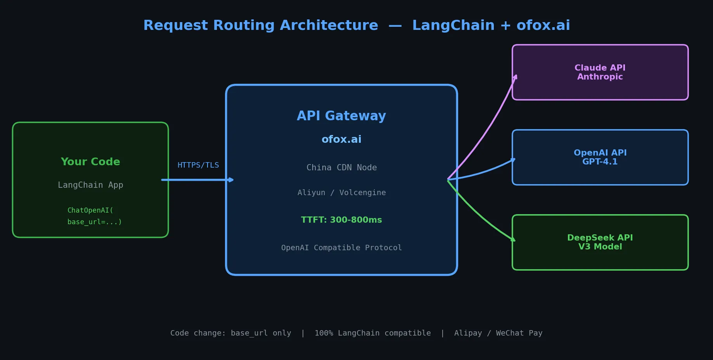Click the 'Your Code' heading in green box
coord(90,162)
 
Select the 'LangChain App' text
coord(90,185)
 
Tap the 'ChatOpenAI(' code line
coord(90,210)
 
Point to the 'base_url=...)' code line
coord(95,222)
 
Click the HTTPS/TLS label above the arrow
coord(198,165)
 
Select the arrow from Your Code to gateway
coord(196,180)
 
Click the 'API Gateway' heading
coord(341,116)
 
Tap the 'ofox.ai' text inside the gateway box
coord(341,139)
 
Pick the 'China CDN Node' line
coord(341,168)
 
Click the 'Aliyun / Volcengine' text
coord(341,193)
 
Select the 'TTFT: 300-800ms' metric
coord(341,220)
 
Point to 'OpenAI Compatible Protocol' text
coord(341,247)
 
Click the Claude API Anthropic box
coord(600,72)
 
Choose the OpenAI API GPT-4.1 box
coord(600,157)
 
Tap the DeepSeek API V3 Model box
coord(600,242)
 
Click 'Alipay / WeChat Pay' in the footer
coord(498,333)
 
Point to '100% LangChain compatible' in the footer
coord(372,333)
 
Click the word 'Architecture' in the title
coord(329,26)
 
